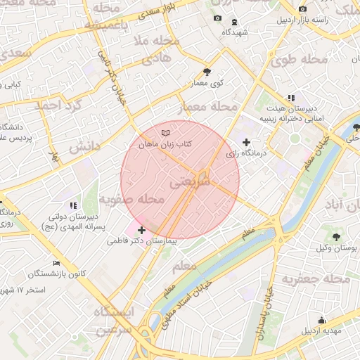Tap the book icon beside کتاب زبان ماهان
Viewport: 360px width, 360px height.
(165, 132)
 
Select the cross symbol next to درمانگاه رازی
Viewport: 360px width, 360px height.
(245, 142)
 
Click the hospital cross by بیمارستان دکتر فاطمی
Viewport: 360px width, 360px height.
(143, 230)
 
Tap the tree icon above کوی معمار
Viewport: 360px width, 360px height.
(207, 72)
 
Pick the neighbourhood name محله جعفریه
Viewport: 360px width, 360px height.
(316, 279)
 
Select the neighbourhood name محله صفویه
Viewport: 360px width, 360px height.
(131, 200)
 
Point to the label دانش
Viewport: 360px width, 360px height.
(85, 145)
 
